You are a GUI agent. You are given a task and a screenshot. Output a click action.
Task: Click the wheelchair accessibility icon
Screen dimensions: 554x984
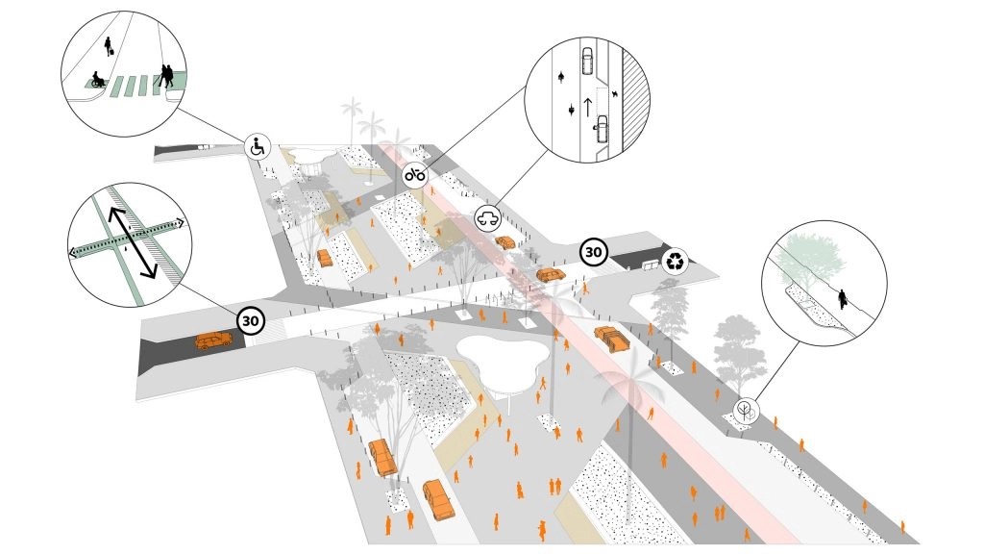coord(258,147)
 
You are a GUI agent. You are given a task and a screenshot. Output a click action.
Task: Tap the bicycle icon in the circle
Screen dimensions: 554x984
coord(415,174)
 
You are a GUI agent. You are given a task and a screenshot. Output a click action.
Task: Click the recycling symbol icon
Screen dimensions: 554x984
coord(677,260)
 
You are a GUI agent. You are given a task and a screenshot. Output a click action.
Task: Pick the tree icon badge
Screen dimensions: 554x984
coord(745,412)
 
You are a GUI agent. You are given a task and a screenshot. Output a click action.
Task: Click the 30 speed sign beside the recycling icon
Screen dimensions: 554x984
coord(594,253)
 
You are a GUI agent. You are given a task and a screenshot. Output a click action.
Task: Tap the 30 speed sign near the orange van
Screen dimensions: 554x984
coord(252,321)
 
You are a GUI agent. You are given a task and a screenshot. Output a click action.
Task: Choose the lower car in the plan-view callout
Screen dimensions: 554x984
coord(601,127)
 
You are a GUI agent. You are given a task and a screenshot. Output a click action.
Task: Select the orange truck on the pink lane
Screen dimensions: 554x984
coord(610,338)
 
